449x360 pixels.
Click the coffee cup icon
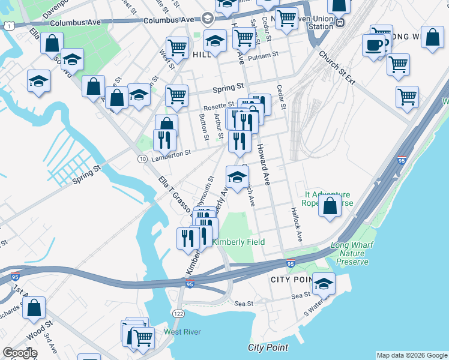tap(374, 46)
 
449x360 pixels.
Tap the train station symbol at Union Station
tap(340, 22)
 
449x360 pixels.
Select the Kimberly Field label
tap(239, 242)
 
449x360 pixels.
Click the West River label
tap(182, 332)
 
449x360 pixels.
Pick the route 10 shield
tap(142, 158)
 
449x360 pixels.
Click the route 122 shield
tap(179, 313)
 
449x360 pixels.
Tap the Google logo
tap(20, 353)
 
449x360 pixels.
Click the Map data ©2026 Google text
tap(411, 355)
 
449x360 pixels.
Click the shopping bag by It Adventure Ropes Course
tap(330, 206)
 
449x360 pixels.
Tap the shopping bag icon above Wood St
tap(34, 308)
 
